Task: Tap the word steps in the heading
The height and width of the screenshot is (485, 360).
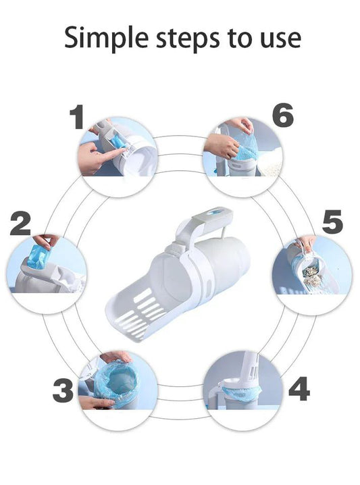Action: coord(188,38)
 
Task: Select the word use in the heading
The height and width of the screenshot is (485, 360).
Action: coord(280,39)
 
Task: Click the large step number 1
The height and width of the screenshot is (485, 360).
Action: coord(77,117)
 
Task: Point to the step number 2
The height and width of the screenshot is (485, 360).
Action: coord(20,223)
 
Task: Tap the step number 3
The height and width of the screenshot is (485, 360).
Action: coord(63,390)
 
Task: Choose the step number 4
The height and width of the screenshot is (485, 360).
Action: coord(299,388)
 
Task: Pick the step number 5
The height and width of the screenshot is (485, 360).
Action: coord(332,222)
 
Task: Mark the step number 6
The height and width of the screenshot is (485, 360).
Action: coord(283,115)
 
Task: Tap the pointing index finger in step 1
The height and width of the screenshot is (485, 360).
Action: coord(116,152)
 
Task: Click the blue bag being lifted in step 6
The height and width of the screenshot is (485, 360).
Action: coord(245,147)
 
